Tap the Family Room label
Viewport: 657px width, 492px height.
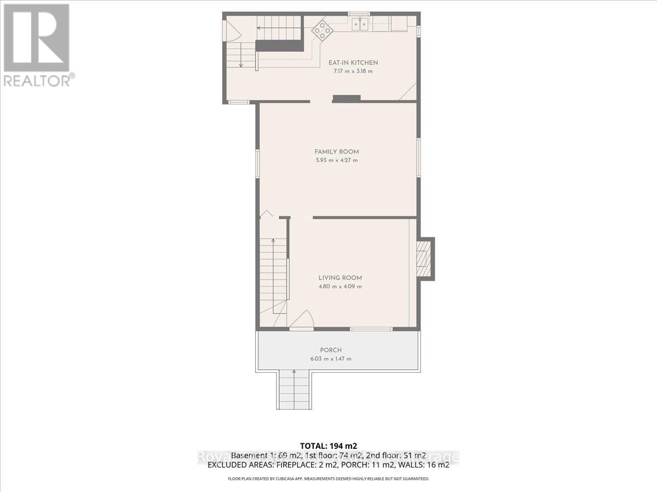click(x=336, y=151)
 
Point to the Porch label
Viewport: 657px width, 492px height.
click(x=331, y=350)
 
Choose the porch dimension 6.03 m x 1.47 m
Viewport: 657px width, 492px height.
click(x=331, y=359)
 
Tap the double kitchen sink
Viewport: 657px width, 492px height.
click(x=359, y=24)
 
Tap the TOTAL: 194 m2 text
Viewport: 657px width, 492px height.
click(x=328, y=445)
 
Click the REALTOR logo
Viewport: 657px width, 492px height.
click(x=37, y=44)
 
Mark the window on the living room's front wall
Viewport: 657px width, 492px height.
click(x=371, y=329)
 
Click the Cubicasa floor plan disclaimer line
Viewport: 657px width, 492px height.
click(x=328, y=479)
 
